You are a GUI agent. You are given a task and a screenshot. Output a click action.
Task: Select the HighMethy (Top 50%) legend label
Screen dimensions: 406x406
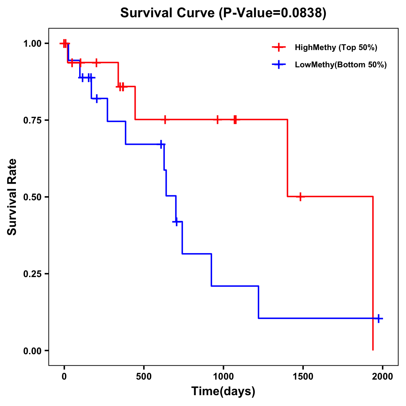[336, 47]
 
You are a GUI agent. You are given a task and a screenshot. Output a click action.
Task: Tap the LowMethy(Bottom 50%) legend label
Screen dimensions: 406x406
[340, 65]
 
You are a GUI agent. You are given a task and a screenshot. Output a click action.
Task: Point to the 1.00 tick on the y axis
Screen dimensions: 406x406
[32, 44]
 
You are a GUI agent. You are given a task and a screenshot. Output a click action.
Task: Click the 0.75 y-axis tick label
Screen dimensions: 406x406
[32, 120]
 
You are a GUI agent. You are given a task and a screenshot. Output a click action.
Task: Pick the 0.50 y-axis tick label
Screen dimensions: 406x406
[32, 197]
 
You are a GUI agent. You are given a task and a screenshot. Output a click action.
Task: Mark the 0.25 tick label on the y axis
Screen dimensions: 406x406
[32, 274]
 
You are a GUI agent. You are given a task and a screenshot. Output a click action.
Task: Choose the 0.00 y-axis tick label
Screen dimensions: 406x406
[32, 351]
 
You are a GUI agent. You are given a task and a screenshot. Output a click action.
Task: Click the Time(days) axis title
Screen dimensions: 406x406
[223, 391]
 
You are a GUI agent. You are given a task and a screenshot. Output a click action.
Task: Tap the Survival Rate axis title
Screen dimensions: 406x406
[12, 197]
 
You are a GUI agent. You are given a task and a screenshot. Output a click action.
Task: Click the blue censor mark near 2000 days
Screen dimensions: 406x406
[379, 318]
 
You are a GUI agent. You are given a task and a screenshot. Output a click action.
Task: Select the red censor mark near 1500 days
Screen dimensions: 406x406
[300, 197]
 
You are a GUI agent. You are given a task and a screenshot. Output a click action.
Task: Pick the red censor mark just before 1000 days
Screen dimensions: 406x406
[218, 119]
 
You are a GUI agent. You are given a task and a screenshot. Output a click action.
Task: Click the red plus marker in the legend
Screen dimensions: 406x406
[279, 47]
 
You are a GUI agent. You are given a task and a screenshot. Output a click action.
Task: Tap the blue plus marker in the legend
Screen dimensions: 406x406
[279, 65]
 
